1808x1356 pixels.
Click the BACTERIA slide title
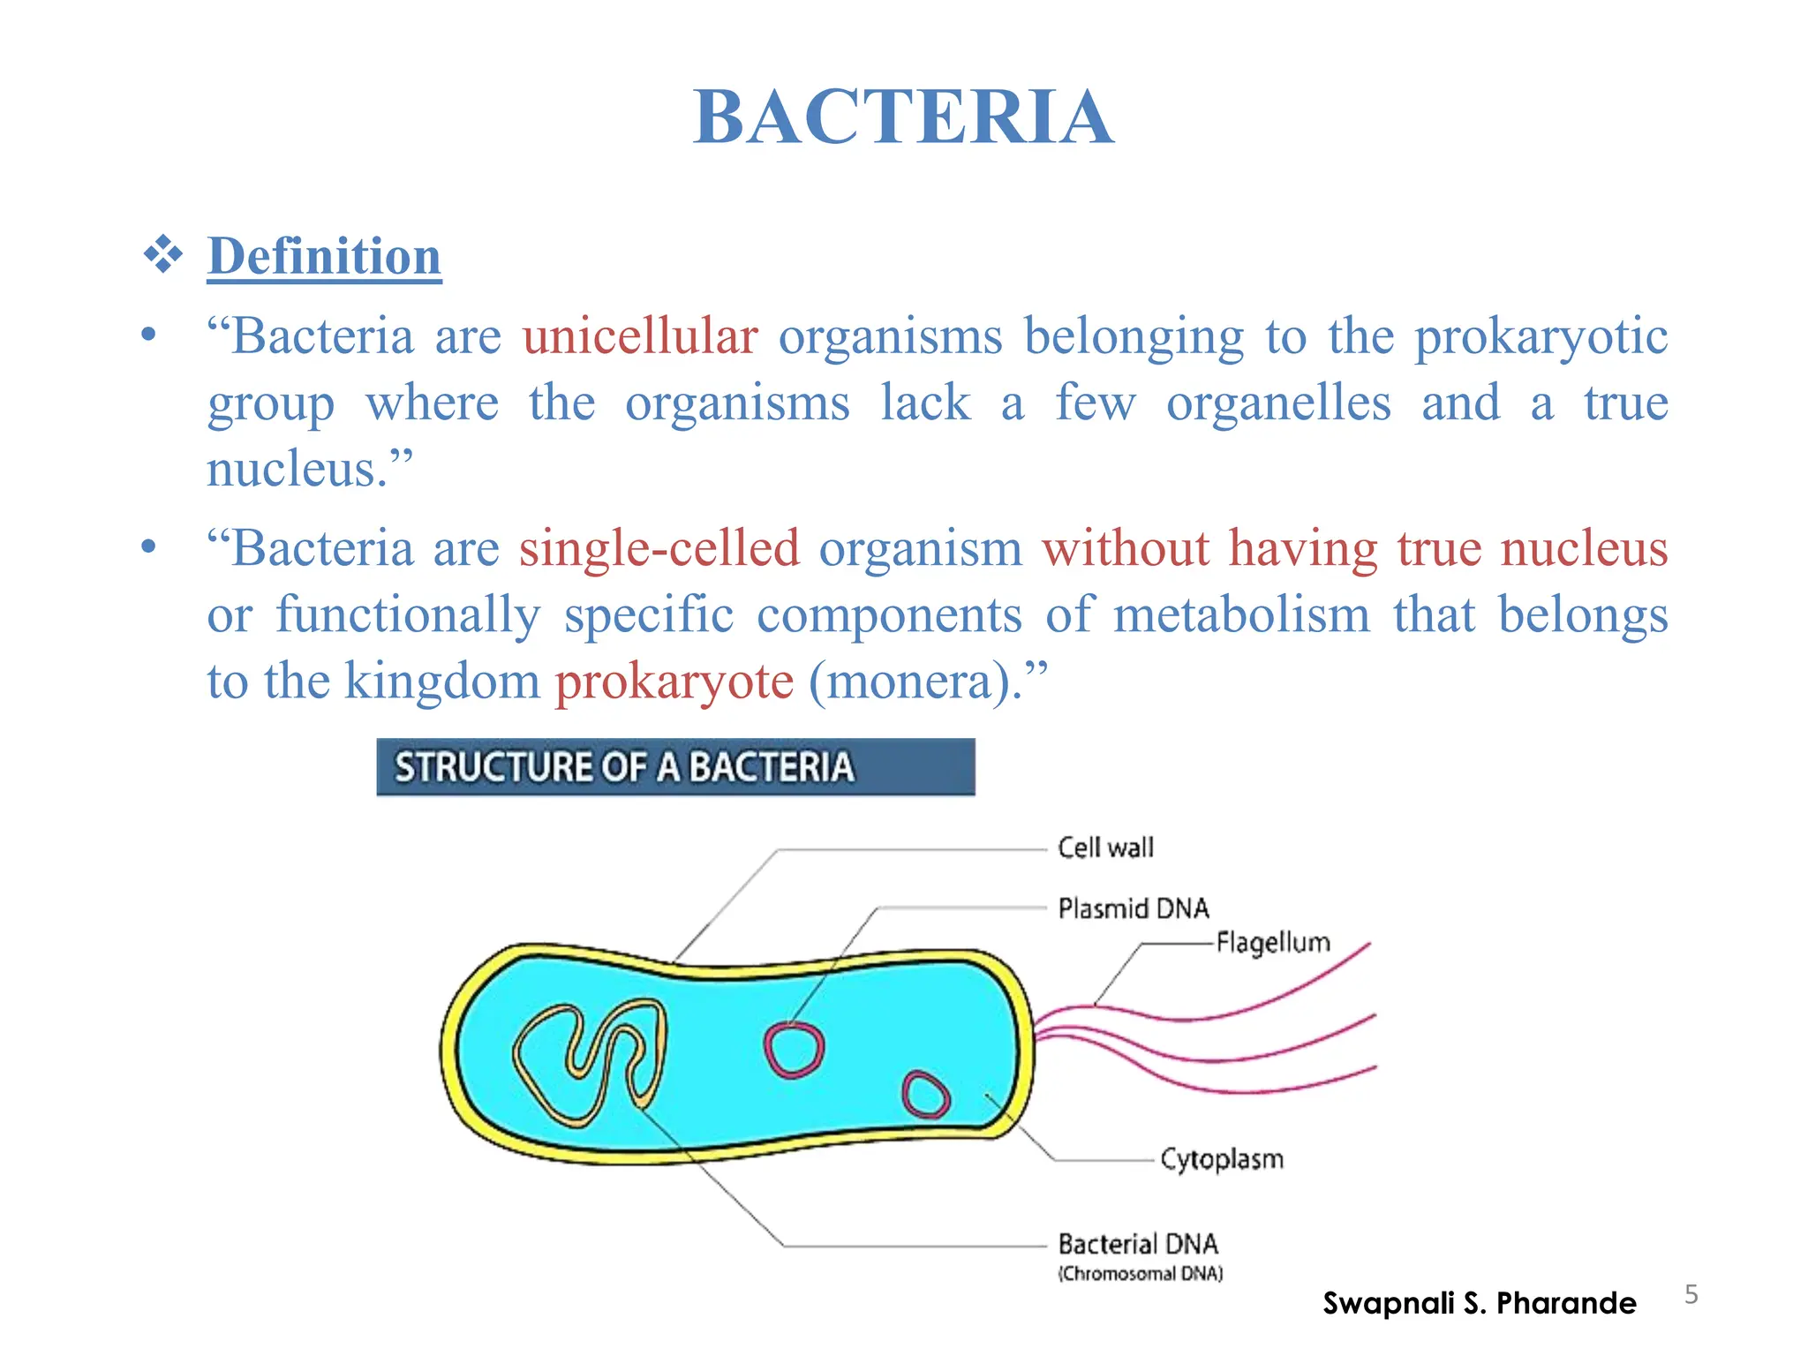[x=903, y=117]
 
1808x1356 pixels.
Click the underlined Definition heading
[x=324, y=257]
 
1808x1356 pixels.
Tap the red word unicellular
[x=640, y=336]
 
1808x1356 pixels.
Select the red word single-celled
[x=659, y=548]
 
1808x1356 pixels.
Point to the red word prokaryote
[x=674, y=682]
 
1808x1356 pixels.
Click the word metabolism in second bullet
[x=1241, y=614]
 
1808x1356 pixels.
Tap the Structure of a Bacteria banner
[x=675, y=767]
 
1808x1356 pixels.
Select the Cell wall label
[x=1105, y=847]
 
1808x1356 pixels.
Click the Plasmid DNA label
[x=1134, y=908]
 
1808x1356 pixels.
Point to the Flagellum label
[x=1272, y=943]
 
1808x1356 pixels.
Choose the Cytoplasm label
[x=1222, y=1159]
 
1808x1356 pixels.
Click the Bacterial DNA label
[x=1138, y=1244]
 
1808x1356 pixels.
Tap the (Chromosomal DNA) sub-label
[x=1141, y=1274]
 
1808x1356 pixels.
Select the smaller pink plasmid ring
[x=925, y=1096]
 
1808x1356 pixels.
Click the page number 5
[x=1691, y=1294]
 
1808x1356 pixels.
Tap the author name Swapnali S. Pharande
[x=1479, y=1303]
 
